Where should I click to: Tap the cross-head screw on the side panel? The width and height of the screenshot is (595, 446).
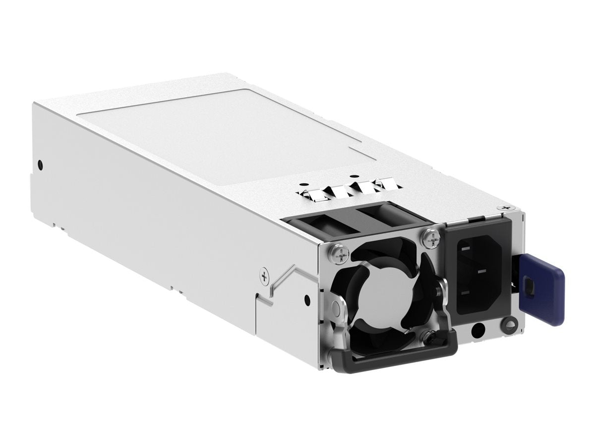point(265,277)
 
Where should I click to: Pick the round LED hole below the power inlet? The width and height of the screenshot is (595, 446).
point(478,330)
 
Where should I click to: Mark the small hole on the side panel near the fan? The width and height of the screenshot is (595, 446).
point(307,299)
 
